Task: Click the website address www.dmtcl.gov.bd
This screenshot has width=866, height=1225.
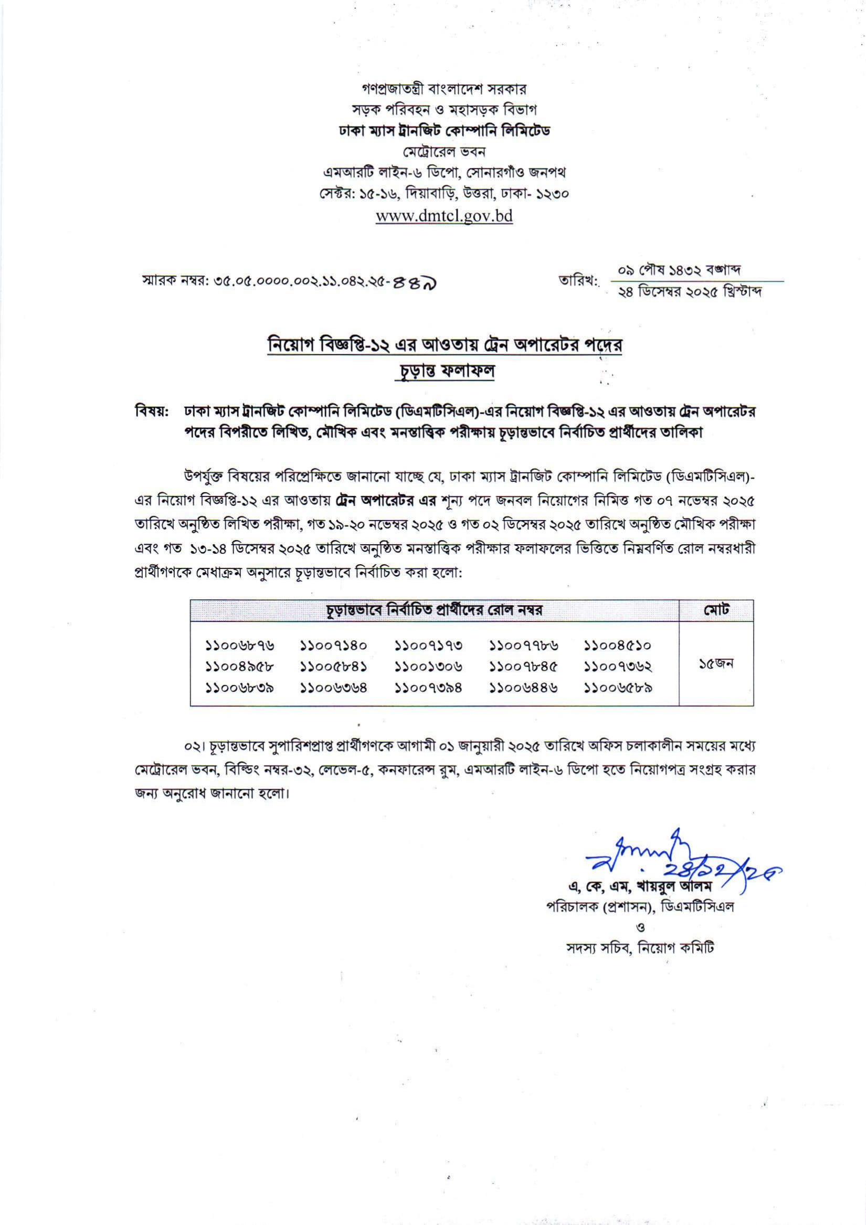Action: tap(444, 216)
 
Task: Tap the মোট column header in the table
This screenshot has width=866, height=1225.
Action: tap(716, 610)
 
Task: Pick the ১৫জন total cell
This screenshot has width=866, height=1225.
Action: tap(716, 664)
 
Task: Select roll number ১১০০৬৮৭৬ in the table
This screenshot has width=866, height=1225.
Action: tap(240, 646)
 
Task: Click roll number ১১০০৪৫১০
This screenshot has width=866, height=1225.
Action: tap(618, 646)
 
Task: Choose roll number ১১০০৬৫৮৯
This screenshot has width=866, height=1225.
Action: tap(618, 688)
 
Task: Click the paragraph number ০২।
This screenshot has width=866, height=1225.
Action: tap(191, 745)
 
